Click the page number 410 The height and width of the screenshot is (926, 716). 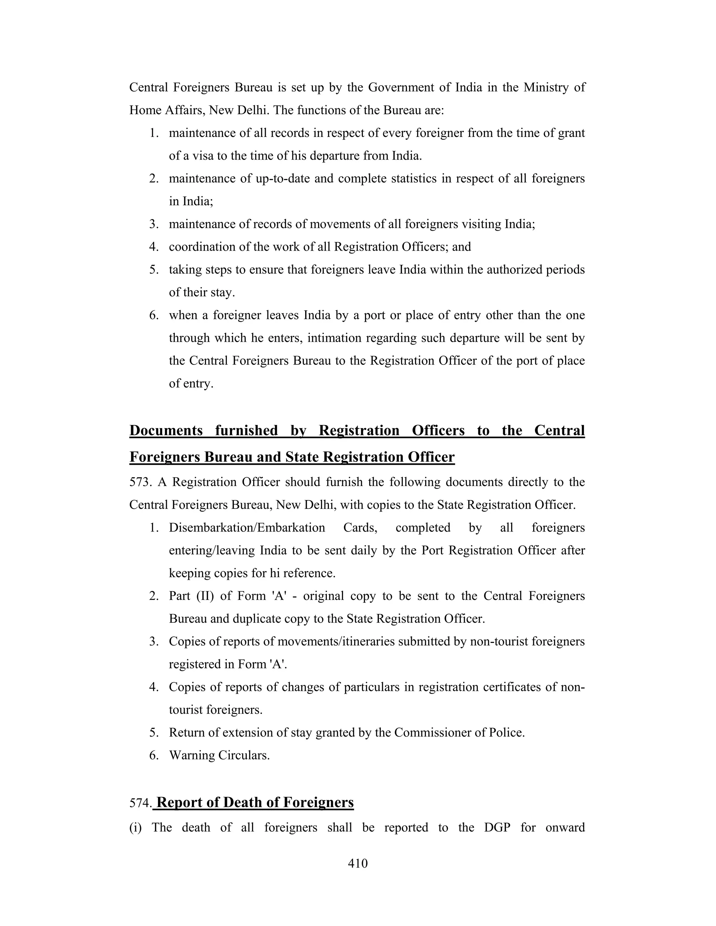358,863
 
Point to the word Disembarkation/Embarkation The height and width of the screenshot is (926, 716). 247,528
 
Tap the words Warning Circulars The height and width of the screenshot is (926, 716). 219,755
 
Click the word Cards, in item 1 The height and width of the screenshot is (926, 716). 360,528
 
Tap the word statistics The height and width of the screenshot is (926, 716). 414,179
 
